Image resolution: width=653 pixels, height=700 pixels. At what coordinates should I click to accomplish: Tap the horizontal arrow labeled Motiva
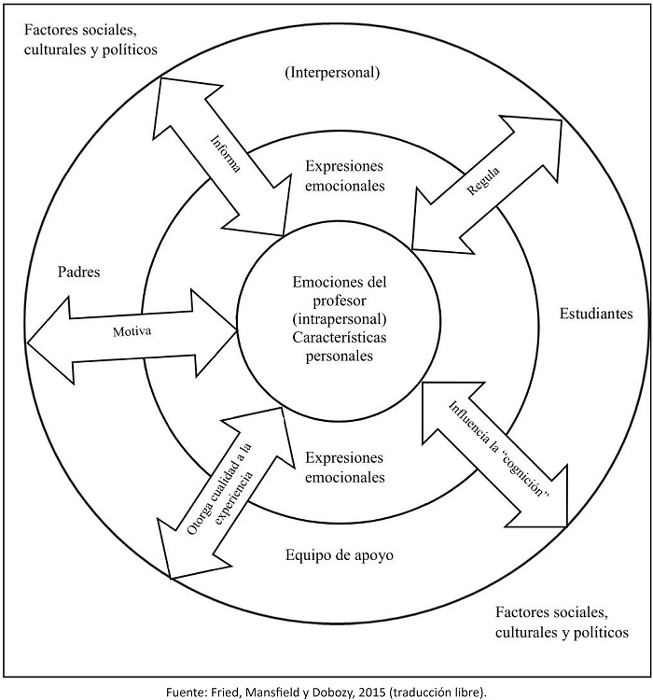[131, 330]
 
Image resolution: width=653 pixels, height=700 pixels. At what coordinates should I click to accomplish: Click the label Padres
[78, 273]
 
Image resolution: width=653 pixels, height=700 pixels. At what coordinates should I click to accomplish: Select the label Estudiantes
[596, 314]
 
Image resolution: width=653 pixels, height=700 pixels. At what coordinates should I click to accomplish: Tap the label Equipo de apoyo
[339, 555]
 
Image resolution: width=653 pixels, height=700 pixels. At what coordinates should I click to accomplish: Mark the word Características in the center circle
[339, 337]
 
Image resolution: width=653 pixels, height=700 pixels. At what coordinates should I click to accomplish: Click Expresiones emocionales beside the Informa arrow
[345, 175]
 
